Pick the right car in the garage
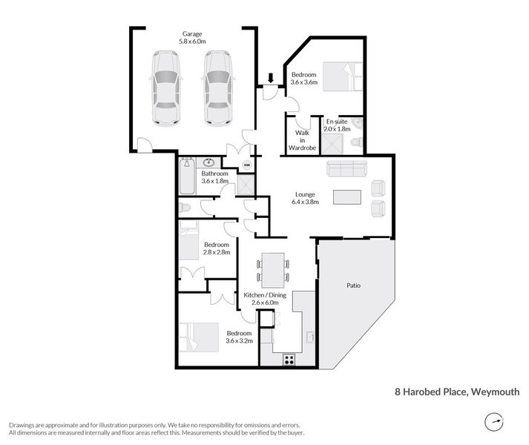coord(217,88)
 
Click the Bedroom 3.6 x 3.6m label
coord(304,79)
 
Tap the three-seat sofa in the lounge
coord(347,169)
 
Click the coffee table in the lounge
coord(346,197)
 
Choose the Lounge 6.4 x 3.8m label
coord(305,198)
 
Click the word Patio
coord(353,285)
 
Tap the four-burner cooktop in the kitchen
coord(289,360)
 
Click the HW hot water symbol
coord(247,165)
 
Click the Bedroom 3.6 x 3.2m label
coord(239,337)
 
